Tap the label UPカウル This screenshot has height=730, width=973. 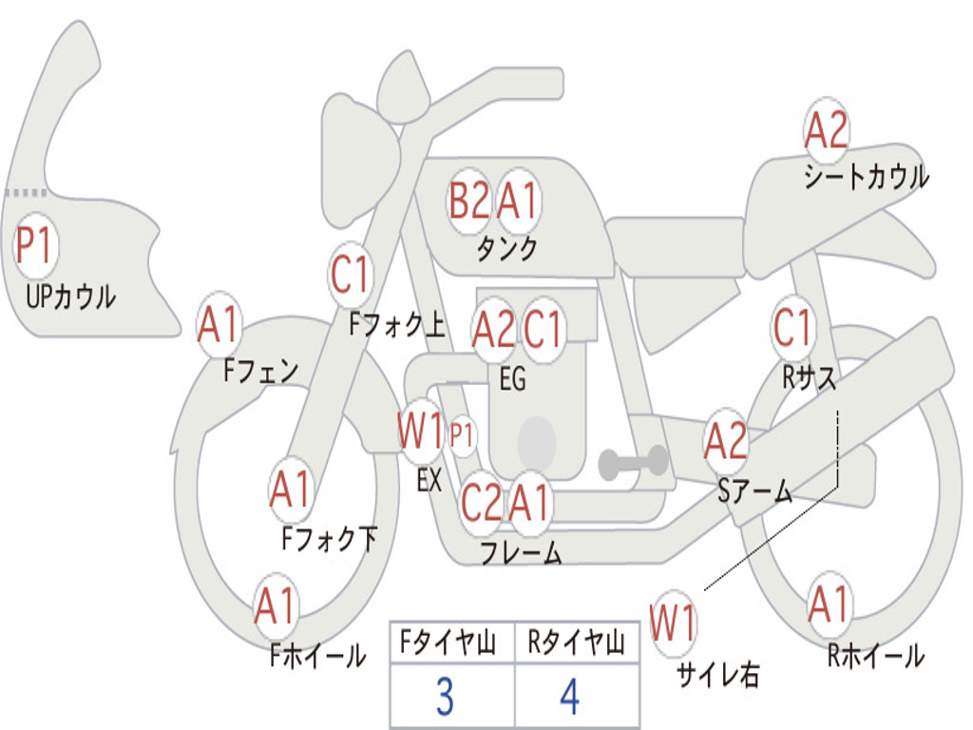70,297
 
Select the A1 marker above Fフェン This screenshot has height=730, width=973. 219,326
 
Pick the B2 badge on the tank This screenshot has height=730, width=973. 469,202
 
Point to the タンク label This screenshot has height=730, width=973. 506,249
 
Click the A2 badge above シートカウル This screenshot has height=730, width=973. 826,131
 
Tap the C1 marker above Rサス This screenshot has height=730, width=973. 792,328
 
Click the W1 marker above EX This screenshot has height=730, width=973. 421,433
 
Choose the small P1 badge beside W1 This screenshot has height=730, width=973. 462,436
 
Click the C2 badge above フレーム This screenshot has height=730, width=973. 481,503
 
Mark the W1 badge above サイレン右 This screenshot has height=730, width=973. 673,624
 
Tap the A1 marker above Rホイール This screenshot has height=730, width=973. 829,605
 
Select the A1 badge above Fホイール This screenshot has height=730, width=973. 276,606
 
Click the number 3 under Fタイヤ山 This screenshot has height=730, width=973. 444,698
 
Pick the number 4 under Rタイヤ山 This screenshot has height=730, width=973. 569,698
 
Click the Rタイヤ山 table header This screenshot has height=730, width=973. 576,644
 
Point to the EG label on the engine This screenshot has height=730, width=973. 512,379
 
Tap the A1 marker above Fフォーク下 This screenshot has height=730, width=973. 290,490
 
